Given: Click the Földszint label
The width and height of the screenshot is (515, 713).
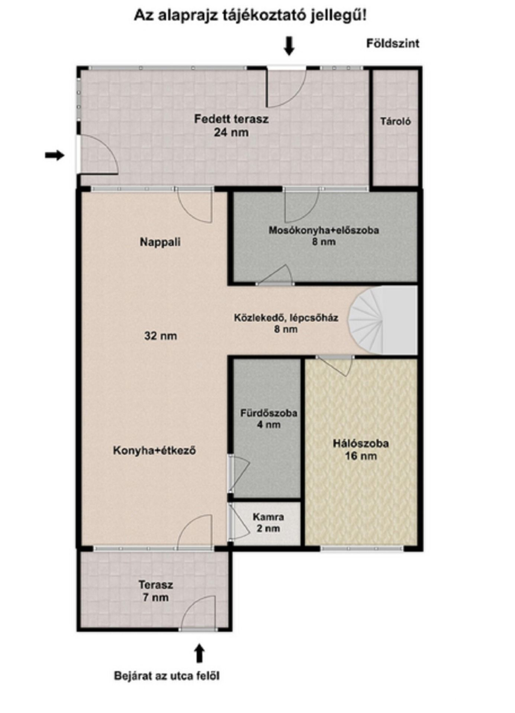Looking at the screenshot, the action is [393, 43].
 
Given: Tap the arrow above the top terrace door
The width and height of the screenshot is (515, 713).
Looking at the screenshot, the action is [289, 46].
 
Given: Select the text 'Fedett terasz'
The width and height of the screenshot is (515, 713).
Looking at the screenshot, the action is [231, 119].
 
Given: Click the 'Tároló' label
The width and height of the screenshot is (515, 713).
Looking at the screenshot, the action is [395, 121].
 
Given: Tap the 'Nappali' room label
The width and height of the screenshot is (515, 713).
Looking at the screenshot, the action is [160, 242].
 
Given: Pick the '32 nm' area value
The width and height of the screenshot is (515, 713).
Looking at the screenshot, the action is [161, 336].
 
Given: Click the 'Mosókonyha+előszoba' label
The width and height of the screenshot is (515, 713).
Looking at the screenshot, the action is [324, 230].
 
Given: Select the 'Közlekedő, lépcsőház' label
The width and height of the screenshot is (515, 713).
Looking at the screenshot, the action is [286, 318].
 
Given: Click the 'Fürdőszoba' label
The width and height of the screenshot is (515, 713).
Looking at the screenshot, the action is [268, 413].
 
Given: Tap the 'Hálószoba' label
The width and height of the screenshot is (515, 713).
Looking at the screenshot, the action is [361, 443].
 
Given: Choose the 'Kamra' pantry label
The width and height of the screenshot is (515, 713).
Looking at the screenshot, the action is [268, 517].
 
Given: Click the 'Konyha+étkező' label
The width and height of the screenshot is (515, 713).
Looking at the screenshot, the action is [154, 451].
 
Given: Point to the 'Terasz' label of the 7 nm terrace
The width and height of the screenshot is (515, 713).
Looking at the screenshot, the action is [156, 585].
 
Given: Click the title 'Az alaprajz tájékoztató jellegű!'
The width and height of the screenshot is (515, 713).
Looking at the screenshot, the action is [250, 16].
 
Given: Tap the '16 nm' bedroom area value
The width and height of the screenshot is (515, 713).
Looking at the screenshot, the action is [361, 456].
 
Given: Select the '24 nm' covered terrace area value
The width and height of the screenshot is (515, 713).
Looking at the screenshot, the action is [231, 132].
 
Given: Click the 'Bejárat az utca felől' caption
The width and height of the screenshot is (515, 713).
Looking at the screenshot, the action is [167, 675].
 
